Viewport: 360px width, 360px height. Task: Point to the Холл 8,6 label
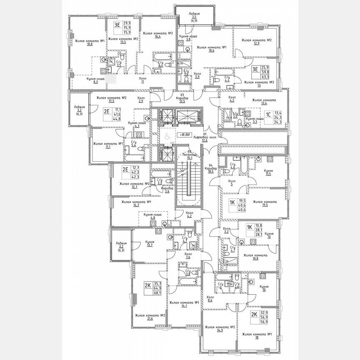pos(210,298)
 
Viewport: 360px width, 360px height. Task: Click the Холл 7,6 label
pos(187,255)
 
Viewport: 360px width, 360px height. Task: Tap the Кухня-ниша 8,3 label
pos(90,80)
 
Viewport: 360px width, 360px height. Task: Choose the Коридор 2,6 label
pos(167,190)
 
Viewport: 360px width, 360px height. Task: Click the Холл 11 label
pos(143,80)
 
